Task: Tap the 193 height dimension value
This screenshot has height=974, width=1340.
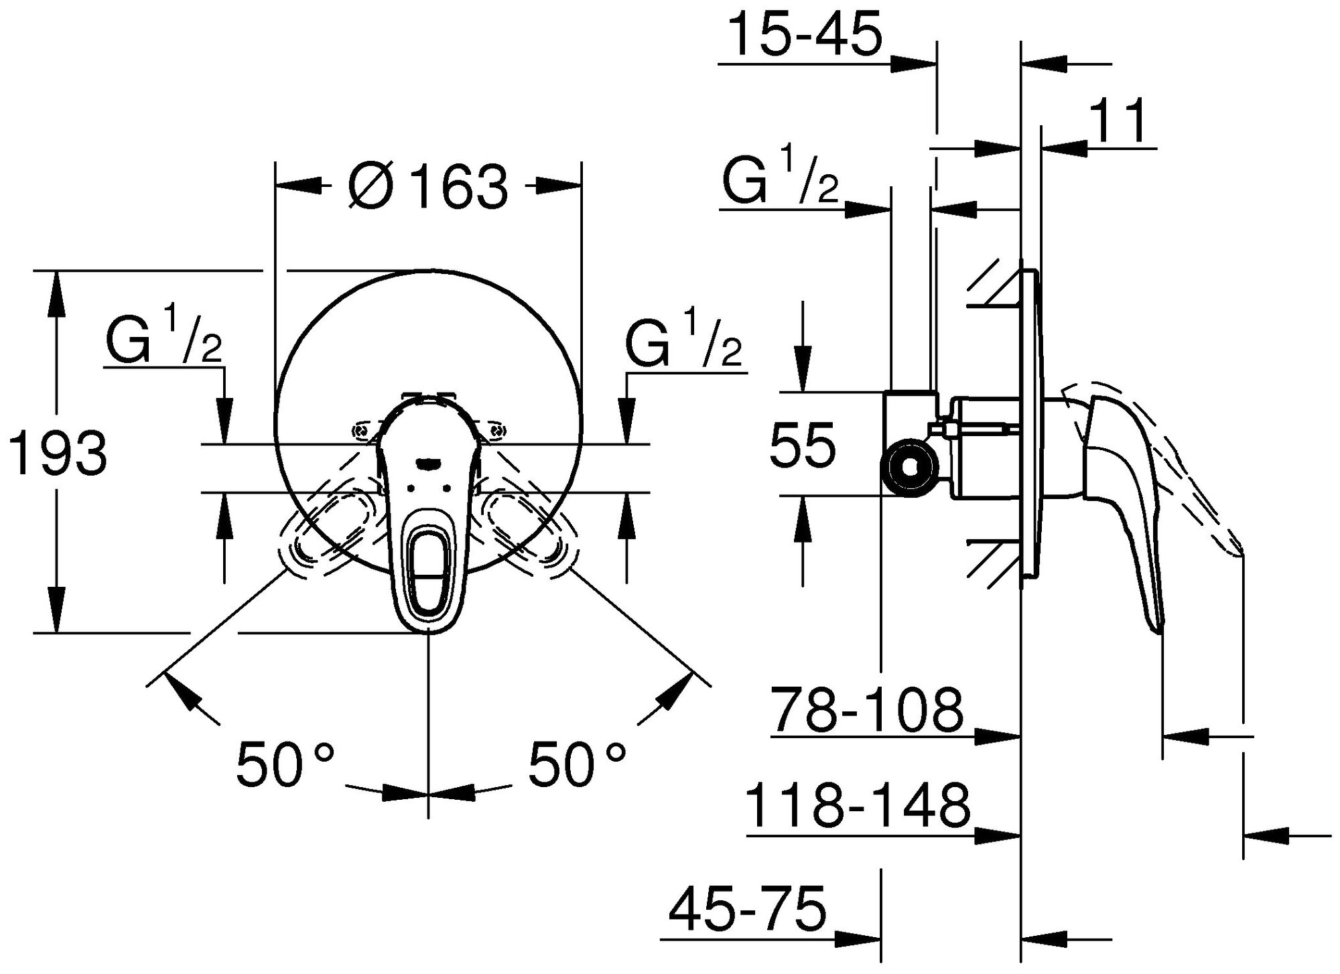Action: coord(60,454)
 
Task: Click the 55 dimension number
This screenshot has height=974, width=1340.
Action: coord(803,444)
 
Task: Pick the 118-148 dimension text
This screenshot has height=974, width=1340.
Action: coord(858,806)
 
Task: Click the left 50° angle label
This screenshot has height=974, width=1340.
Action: coord(285,764)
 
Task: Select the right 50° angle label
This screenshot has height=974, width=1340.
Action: coord(578,764)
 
